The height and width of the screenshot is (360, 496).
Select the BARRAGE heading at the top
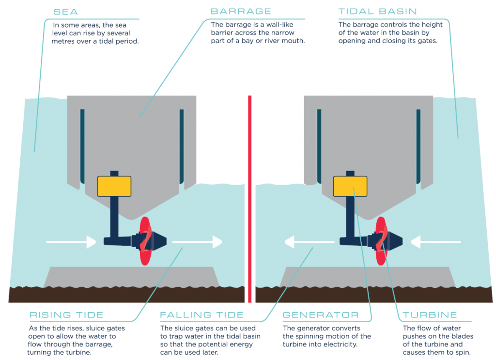tap(241, 11)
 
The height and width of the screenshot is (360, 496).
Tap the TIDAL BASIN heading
tap(378, 11)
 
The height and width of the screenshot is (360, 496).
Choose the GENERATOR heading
tap(321, 315)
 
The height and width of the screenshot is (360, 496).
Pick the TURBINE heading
tap(430, 315)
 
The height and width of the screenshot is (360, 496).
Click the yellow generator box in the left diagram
tap(114, 186)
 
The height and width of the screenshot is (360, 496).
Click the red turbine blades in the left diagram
tap(145, 241)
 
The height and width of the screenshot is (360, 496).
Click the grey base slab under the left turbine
tap(131, 277)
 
